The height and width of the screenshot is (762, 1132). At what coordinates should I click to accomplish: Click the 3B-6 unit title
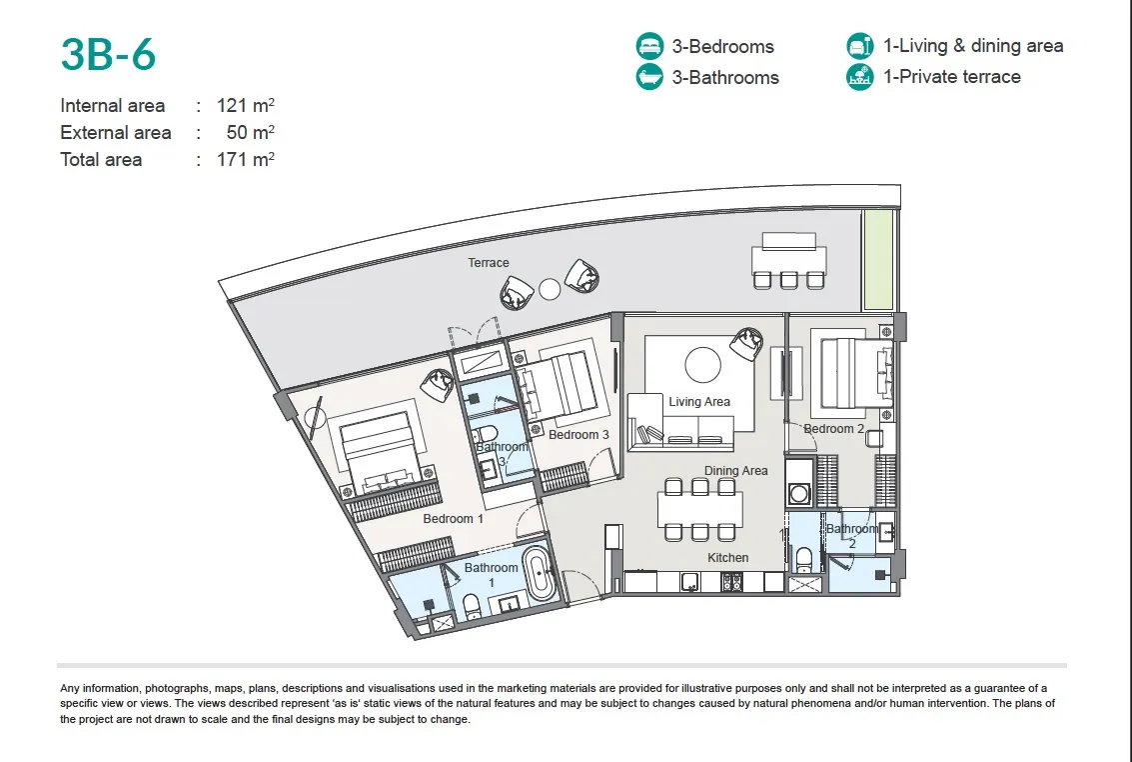point(108,54)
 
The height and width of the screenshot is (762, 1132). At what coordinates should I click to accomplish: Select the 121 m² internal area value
point(246,105)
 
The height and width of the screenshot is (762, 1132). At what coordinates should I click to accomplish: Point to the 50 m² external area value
point(251,132)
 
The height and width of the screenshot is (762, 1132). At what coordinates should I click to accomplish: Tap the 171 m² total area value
point(246,159)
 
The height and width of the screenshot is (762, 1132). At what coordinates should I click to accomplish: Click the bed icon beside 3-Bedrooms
point(649,46)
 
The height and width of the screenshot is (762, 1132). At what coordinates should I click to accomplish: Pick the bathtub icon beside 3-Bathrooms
point(649,77)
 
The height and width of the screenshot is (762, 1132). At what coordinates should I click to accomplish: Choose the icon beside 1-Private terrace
point(860,77)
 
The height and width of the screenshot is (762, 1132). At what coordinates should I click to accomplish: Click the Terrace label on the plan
point(488,263)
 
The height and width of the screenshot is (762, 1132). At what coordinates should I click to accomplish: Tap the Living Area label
point(698,402)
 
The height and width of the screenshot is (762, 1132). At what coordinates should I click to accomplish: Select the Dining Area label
point(735,471)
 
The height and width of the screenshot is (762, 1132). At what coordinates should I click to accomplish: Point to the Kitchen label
point(727,558)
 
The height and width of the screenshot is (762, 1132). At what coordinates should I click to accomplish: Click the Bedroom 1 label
point(454,519)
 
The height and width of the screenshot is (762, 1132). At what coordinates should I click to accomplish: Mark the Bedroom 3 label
point(578,435)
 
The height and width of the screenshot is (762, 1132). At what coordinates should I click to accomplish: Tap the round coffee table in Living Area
point(702,365)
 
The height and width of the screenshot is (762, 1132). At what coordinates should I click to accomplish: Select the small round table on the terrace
point(550,290)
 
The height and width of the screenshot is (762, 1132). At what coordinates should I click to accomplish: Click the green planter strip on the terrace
point(878,260)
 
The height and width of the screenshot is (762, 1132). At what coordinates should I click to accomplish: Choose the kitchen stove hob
point(730,581)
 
